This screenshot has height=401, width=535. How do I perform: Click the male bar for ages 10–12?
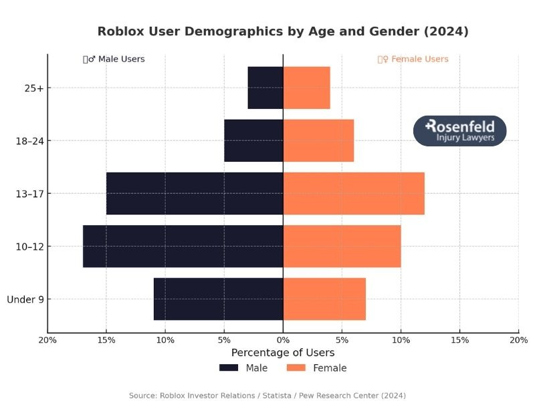click(x=183, y=246)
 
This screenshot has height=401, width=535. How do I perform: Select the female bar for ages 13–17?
click(x=354, y=193)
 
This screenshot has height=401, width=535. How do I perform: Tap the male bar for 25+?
click(x=265, y=88)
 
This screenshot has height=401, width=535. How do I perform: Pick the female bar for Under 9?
click(x=324, y=299)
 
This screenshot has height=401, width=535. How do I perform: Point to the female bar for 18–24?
click(x=318, y=140)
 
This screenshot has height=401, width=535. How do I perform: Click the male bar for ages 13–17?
click(x=195, y=193)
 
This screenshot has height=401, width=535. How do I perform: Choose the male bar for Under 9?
click(x=218, y=299)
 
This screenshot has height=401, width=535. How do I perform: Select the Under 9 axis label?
click(x=25, y=299)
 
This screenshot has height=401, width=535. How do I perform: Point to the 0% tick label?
click(x=283, y=340)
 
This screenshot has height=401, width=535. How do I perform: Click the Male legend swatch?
click(x=229, y=368)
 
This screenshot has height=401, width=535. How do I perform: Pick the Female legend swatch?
click(x=296, y=368)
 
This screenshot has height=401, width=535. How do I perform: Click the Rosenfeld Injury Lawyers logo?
click(x=460, y=130)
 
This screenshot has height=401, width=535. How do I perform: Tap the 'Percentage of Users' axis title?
click(x=283, y=352)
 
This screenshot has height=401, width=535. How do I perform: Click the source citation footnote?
click(x=267, y=396)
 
